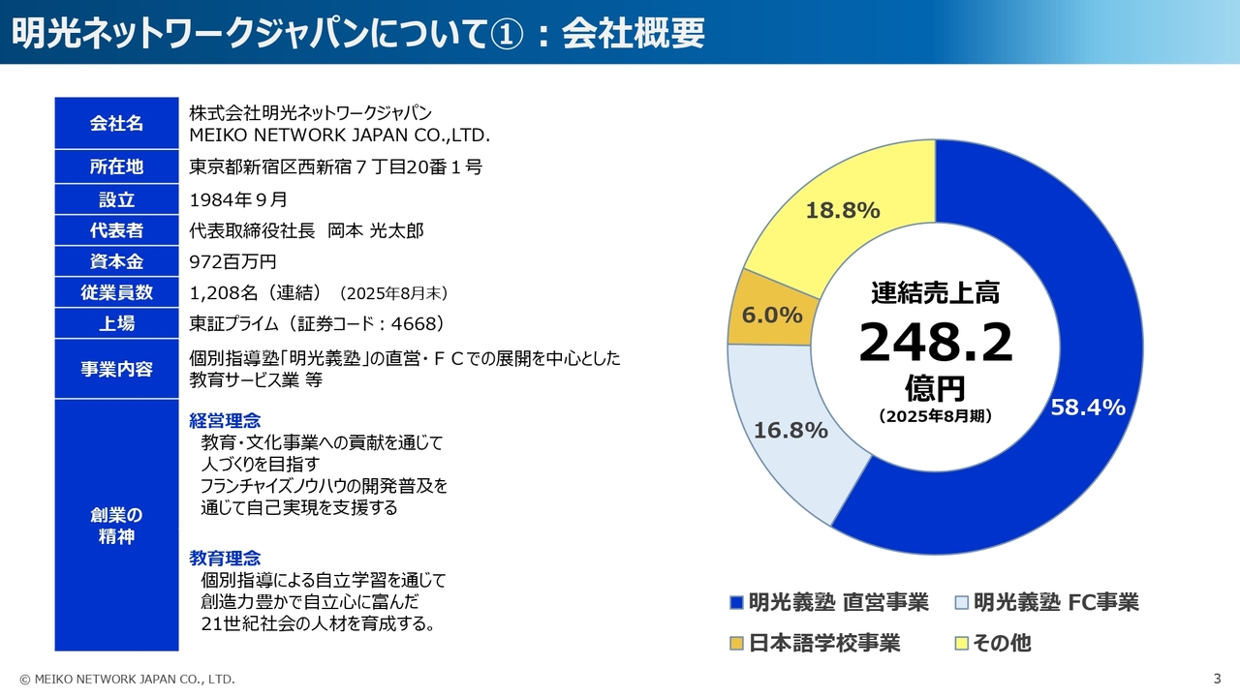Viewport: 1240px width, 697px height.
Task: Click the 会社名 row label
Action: tap(116, 123)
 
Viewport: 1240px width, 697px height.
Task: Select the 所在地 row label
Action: tap(116, 167)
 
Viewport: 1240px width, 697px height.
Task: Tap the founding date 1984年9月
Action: tap(239, 200)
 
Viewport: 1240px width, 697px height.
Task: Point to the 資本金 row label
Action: tap(116, 260)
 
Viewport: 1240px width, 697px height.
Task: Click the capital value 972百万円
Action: tap(233, 261)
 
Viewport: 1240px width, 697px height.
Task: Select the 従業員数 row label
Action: tap(116, 292)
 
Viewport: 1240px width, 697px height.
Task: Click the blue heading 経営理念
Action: tap(225, 421)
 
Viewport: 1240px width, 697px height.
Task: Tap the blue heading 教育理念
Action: tap(225, 559)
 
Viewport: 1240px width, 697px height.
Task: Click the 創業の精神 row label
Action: tap(116, 526)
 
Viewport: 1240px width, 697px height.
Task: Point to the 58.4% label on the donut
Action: tap(1088, 408)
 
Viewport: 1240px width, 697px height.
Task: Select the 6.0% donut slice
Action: tap(772, 316)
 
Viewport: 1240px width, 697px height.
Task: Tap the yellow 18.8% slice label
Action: tap(843, 210)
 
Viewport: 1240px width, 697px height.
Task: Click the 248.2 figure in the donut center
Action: tap(935, 343)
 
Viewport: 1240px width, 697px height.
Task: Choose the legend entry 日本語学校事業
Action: tap(823, 643)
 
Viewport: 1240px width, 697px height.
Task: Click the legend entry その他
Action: tap(1002, 643)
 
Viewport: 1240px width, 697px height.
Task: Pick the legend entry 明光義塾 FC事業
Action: tap(1055, 603)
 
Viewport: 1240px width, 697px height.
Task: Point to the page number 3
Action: tap(1217, 678)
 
